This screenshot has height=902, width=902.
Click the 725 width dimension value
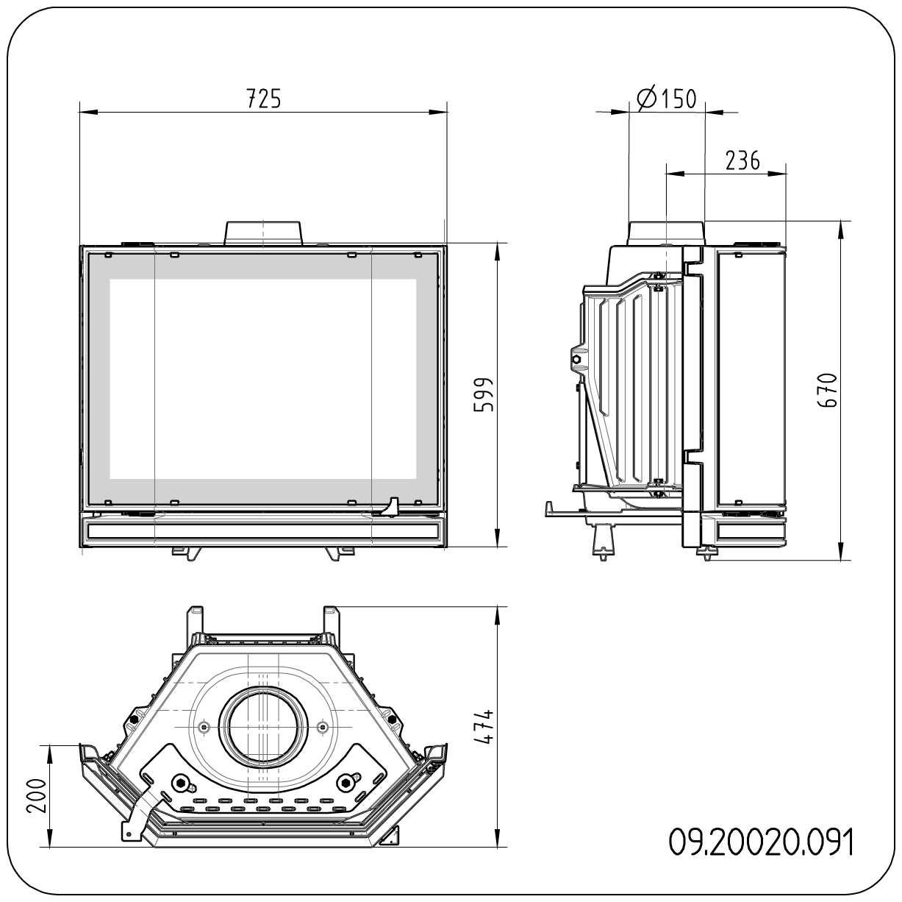pyautogui.click(x=262, y=98)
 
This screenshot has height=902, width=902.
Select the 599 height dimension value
pyautogui.click(x=483, y=395)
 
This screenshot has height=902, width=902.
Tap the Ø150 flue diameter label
pyautogui.click(x=667, y=98)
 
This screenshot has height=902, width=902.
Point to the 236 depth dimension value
pyautogui.click(x=742, y=160)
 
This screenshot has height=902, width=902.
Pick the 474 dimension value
pyautogui.click(x=483, y=727)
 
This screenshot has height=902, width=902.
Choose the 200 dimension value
pyautogui.click(x=37, y=795)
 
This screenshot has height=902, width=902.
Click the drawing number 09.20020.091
pyautogui.click(x=762, y=843)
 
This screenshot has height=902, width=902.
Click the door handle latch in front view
pyautogui.click(x=393, y=507)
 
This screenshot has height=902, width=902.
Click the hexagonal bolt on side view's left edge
pyautogui.click(x=577, y=359)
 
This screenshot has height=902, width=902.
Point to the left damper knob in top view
pyautogui.click(x=179, y=782)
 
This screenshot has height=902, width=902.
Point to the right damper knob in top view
pyautogui.click(x=347, y=782)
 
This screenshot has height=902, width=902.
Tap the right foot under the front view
pyautogui.click(x=340, y=553)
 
